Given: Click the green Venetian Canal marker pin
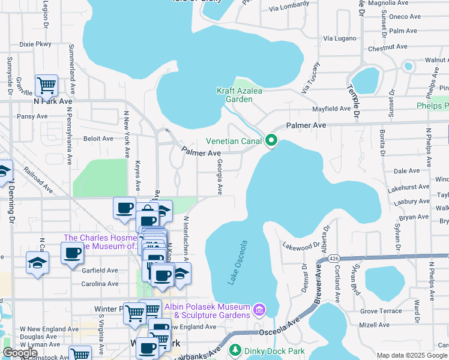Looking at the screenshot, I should [271, 141].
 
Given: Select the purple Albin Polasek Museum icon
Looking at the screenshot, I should [259, 310].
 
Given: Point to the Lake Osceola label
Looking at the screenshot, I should [238, 262].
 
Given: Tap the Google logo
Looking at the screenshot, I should [20, 353].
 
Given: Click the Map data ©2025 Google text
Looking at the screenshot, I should [412, 355].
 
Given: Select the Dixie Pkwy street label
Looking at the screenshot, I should [35, 44].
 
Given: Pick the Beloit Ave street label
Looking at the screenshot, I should [98, 139].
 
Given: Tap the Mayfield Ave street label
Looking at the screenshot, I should [333, 109].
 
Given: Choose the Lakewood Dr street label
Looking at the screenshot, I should [303, 246].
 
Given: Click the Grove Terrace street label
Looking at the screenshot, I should [381, 311].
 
